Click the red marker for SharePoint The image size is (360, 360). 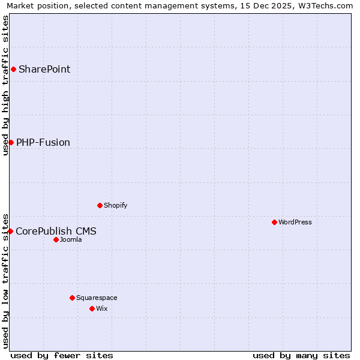(x=13, y=69)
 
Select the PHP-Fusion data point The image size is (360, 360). (x=11, y=142)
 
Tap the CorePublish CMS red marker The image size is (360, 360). (x=10, y=231)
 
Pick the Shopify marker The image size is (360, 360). (x=100, y=205)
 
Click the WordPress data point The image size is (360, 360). (x=274, y=222)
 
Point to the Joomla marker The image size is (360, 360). (x=56, y=239)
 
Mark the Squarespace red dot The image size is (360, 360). (x=72, y=298)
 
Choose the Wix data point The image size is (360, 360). (x=92, y=308)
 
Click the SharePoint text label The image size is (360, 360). (x=44, y=69)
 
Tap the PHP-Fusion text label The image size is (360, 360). (x=43, y=142)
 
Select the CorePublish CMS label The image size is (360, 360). (x=56, y=231)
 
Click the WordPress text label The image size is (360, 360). (x=295, y=222)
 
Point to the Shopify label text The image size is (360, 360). (x=115, y=205)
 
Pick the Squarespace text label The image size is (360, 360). (x=97, y=298)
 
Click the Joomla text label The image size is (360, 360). (x=71, y=239)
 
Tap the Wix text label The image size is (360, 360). (x=101, y=308)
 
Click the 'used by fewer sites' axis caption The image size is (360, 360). (x=62, y=356)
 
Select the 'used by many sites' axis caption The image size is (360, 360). (x=301, y=356)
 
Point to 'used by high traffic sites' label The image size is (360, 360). (x=6, y=85)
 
